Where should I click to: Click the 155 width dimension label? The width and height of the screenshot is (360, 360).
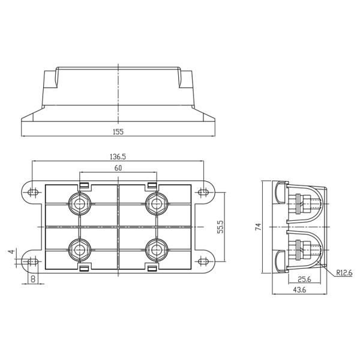click(118, 131)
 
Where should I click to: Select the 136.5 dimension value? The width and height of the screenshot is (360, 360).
click(118, 157)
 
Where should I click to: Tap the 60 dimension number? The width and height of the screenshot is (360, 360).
click(118, 169)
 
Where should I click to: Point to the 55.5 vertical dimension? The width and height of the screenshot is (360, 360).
click(220, 227)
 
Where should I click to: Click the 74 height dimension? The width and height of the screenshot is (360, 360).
click(258, 227)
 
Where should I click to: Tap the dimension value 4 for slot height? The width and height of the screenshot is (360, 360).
click(10, 252)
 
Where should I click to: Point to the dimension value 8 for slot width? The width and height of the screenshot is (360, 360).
click(32, 278)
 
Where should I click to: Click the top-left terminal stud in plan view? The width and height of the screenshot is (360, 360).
click(79, 203)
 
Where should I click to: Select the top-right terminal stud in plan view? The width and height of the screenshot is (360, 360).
click(157, 203)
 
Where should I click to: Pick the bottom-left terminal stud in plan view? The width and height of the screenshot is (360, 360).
click(79, 249)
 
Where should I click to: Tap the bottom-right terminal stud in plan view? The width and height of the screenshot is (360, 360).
click(157, 249)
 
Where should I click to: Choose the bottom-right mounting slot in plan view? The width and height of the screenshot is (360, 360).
click(203, 261)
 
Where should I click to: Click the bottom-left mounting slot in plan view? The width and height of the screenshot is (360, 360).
click(32, 261)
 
